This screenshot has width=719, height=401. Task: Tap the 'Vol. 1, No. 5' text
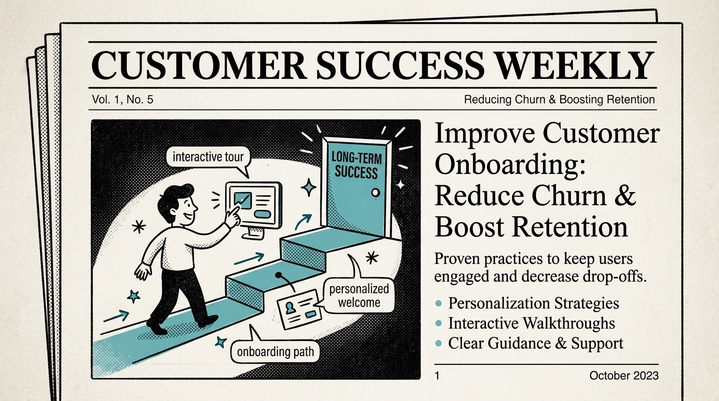click(x=122, y=99)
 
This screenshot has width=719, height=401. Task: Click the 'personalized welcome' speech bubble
click(x=359, y=297)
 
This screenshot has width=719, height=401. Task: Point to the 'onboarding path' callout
click(x=275, y=351)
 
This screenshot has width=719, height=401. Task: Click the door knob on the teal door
click(x=375, y=193)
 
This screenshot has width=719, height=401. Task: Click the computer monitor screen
click(x=253, y=205)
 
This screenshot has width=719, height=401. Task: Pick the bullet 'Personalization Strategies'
click(x=534, y=303)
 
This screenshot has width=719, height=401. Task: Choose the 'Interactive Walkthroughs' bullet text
click(x=531, y=323)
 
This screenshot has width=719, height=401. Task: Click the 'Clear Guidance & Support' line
click(x=536, y=343)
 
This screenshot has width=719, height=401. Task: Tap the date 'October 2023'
click(x=624, y=375)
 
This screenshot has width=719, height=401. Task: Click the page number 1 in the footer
click(x=437, y=375)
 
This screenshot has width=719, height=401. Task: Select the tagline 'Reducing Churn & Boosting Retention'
click(x=559, y=99)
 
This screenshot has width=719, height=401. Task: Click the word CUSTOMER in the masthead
click(x=199, y=65)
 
